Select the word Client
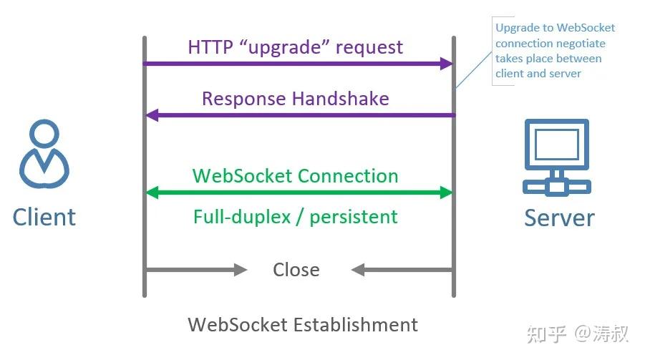[44, 216]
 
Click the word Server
[559, 217]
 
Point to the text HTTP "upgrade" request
[295, 47]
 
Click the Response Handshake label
[295, 98]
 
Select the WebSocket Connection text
[295, 175]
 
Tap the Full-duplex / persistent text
[295, 216]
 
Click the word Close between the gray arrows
[296, 270]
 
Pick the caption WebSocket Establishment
[303, 324]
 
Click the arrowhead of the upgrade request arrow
[446, 64]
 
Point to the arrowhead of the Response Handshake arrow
[152, 115]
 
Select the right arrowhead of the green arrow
[446, 193]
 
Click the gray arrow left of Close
[196, 270]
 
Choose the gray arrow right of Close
[402, 270]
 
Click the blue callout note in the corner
[555, 51]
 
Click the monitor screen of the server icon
[557, 144]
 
